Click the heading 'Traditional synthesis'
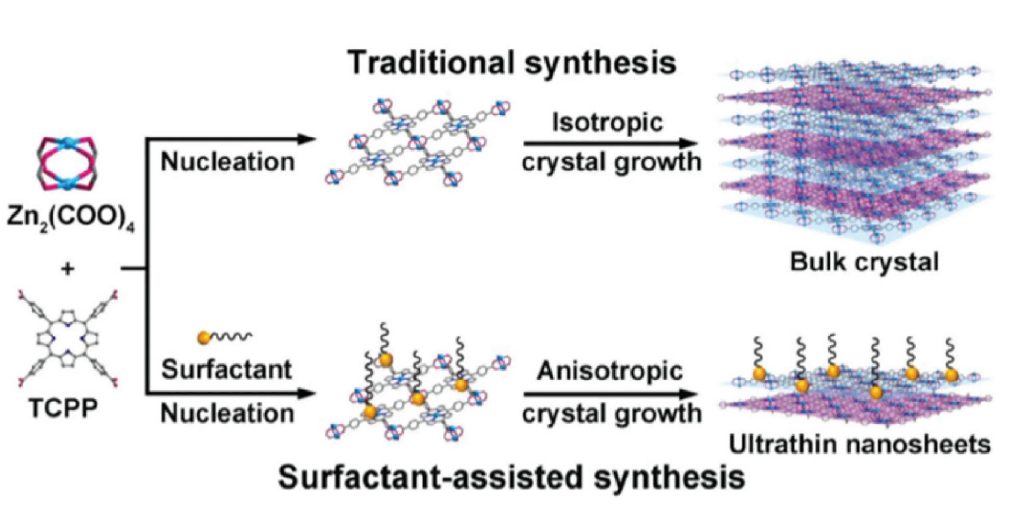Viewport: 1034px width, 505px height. pyautogui.click(x=512, y=63)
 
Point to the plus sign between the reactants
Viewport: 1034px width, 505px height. pyautogui.click(x=67, y=268)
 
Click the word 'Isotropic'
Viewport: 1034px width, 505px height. pyautogui.click(x=607, y=123)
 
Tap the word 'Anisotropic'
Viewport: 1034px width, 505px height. pyautogui.click(x=609, y=371)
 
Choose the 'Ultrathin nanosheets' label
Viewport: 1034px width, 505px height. pyautogui.click(x=860, y=445)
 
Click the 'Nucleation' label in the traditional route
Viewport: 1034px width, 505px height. pyautogui.click(x=228, y=162)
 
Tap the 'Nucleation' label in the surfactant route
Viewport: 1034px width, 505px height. pyautogui.click(x=228, y=414)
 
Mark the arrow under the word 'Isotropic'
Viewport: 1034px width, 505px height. pyautogui.click(x=610, y=143)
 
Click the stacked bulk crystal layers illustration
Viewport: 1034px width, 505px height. pyautogui.click(x=856, y=154)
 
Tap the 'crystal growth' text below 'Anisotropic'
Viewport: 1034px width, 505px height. pyautogui.click(x=612, y=414)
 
